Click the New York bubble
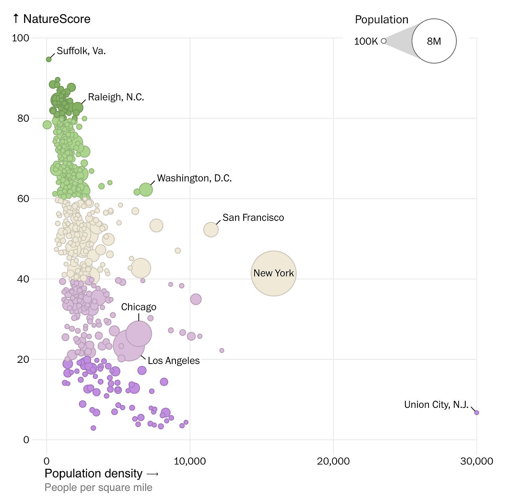pyautogui.click(x=274, y=274)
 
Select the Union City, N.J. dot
pyautogui.click(x=476, y=413)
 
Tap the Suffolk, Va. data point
pyautogui.click(x=49, y=59)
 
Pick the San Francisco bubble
pyautogui.click(x=211, y=230)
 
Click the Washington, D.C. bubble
pyautogui.click(x=146, y=190)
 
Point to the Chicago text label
pyautogui.click(x=139, y=307)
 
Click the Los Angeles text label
pyautogui.click(x=174, y=361)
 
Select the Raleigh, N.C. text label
pyautogui.click(x=116, y=97)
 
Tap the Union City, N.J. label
pyautogui.click(x=436, y=405)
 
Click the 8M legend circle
pyautogui.click(x=434, y=41)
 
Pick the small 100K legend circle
pyautogui.click(x=383, y=41)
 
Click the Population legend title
pyautogui.click(x=381, y=20)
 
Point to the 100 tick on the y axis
pyautogui.click(x=21, y=38)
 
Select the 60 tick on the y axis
pyautogui.click(x=23, y=199)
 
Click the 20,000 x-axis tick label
pyautogui.click(x=333, y=461)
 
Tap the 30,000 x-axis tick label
pyautogui.click(x=476, y=461)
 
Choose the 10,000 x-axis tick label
pyautogui.click(x=190, y=461)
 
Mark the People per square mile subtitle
pyautogui.click(x=98, y=487)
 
